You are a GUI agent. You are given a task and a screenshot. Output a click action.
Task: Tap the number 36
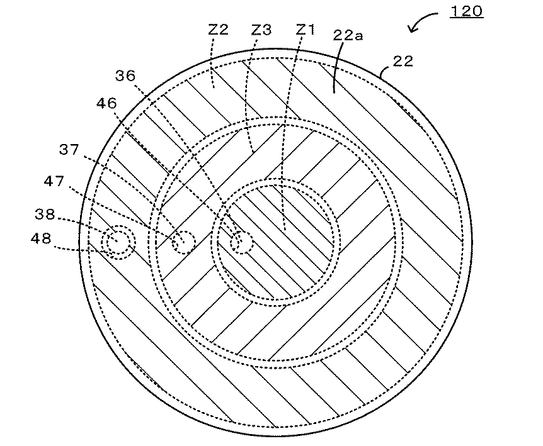[x=125, y=75]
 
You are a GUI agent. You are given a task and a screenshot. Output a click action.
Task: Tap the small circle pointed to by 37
[x=184, y=241]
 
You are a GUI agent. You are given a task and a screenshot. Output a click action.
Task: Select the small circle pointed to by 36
[x=241, y=242]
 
